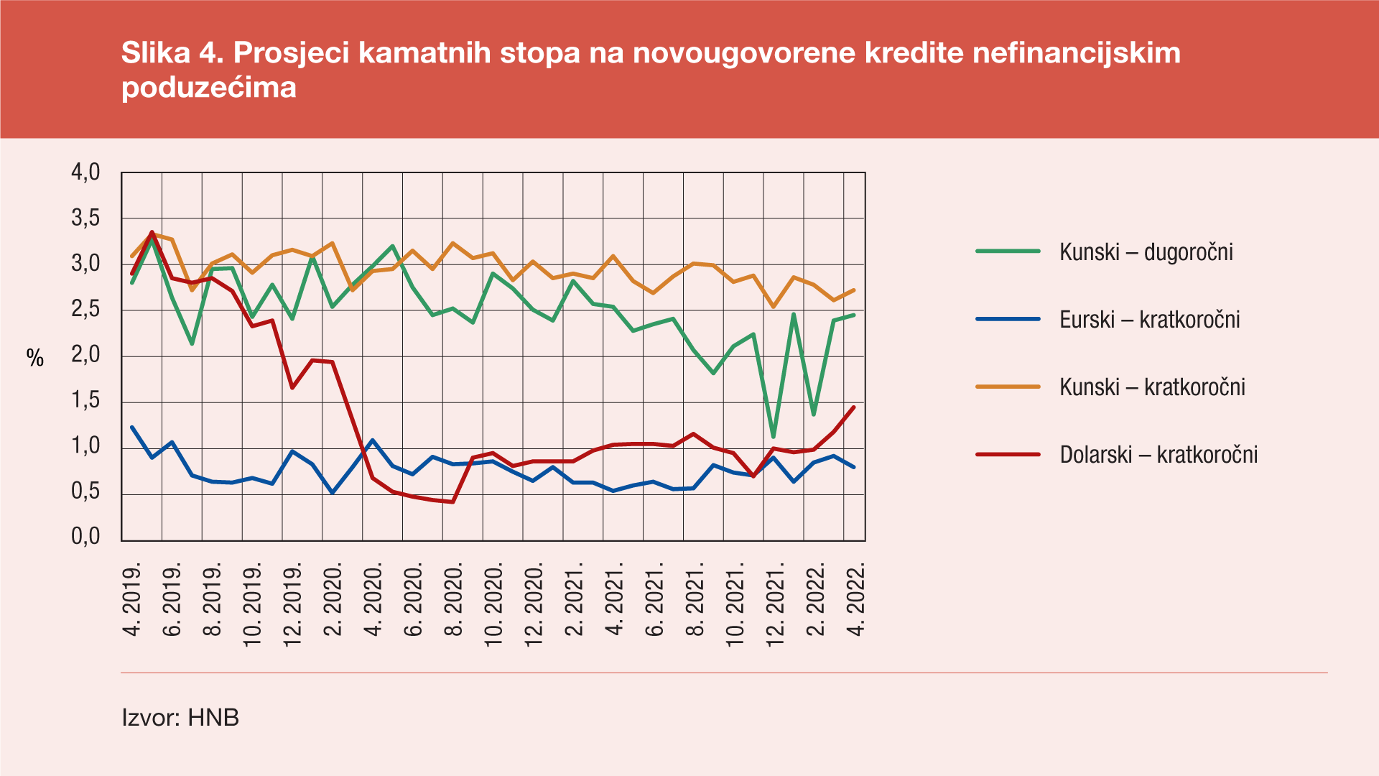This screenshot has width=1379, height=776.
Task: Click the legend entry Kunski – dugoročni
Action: point(1146,252)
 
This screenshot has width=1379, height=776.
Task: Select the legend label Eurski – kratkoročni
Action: point(1149,320)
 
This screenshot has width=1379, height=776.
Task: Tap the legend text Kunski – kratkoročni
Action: point(1152,387)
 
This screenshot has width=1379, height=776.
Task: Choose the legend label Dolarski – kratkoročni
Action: point(1159,455)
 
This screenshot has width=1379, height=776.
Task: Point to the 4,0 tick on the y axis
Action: point(85,172)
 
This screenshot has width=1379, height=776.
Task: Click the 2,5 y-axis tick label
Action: point(85,310)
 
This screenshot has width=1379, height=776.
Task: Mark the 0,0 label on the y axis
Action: point(85,537)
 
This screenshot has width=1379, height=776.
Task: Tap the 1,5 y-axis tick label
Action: point(85,401)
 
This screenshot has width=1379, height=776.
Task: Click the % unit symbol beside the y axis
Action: point(35,358)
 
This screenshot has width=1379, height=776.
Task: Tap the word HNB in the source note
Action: point(213,717)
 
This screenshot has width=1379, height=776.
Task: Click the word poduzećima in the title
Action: point(209,88)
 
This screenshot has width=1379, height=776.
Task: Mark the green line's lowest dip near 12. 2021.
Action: point(774,436)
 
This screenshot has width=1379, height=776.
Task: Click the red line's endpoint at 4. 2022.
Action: point(853,407)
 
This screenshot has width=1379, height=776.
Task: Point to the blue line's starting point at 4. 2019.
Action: point(132,428)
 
